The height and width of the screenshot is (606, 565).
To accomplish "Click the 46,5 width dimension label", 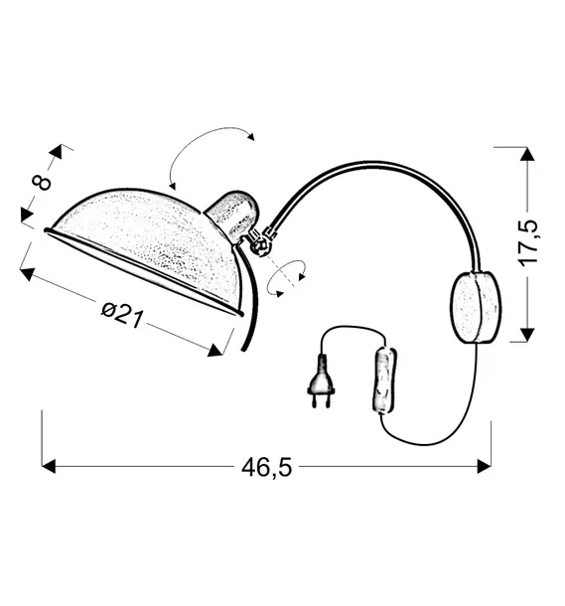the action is pyautogui.click(x=266, y=467).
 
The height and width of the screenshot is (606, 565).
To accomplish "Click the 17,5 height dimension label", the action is pyautogui.click(x=528, y=243).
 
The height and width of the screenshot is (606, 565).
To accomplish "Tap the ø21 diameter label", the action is pyautogui.click(x=122, y=315).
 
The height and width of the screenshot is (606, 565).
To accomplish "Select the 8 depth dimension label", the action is pyautogui.click(x=42, y=183).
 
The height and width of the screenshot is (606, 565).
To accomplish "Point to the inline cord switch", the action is pyautogui.click(x=384, y=380).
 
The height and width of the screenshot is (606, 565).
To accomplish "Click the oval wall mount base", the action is pyautogui.click(x=476, y=307).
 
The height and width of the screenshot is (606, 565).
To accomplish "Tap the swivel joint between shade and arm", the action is pyautogui.click(x=261, y=243).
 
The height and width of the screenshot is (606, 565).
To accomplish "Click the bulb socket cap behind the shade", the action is pyautogui.click(x=233, y=216).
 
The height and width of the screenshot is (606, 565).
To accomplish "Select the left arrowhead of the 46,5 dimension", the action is pyautogui.click(x=49, y=467).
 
